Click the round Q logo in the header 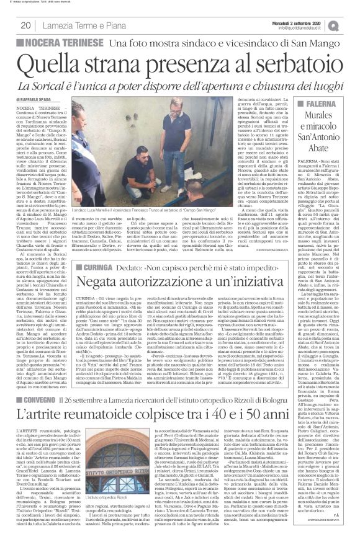(351, 25)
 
